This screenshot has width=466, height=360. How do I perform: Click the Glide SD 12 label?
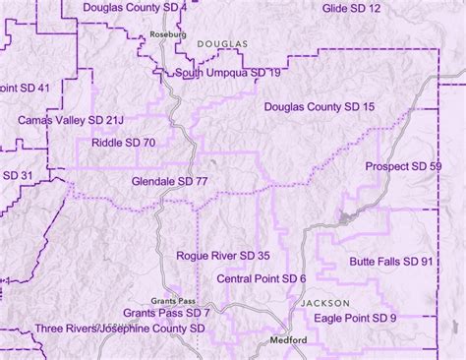(x=352, y=8)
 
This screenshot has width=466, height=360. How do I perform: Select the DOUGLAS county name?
(x=223, y=45)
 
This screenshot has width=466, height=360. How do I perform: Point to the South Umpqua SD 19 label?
(x=229, y=73)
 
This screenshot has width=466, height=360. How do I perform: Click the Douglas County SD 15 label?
(x=320, y=105)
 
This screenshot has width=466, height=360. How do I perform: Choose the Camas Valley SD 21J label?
(x=71, y=120)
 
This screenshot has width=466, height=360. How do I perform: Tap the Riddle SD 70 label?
(x=116, y=143)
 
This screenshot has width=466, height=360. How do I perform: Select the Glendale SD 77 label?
(x=169, y=182)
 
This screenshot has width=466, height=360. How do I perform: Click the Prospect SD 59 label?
(x=403, y=167)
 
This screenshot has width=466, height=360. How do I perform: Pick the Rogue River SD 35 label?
(x=223, y=256)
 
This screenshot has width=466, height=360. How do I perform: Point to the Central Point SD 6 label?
(x=262, y=279)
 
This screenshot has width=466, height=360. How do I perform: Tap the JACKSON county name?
(x=324, y=303)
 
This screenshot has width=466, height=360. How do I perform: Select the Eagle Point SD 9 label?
(x=356, y=318)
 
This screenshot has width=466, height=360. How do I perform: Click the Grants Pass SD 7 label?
(x=167, y=312)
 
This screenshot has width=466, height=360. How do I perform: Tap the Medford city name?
(x=290, y=340)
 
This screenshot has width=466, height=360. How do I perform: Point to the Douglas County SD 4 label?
(x=148, y=8)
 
